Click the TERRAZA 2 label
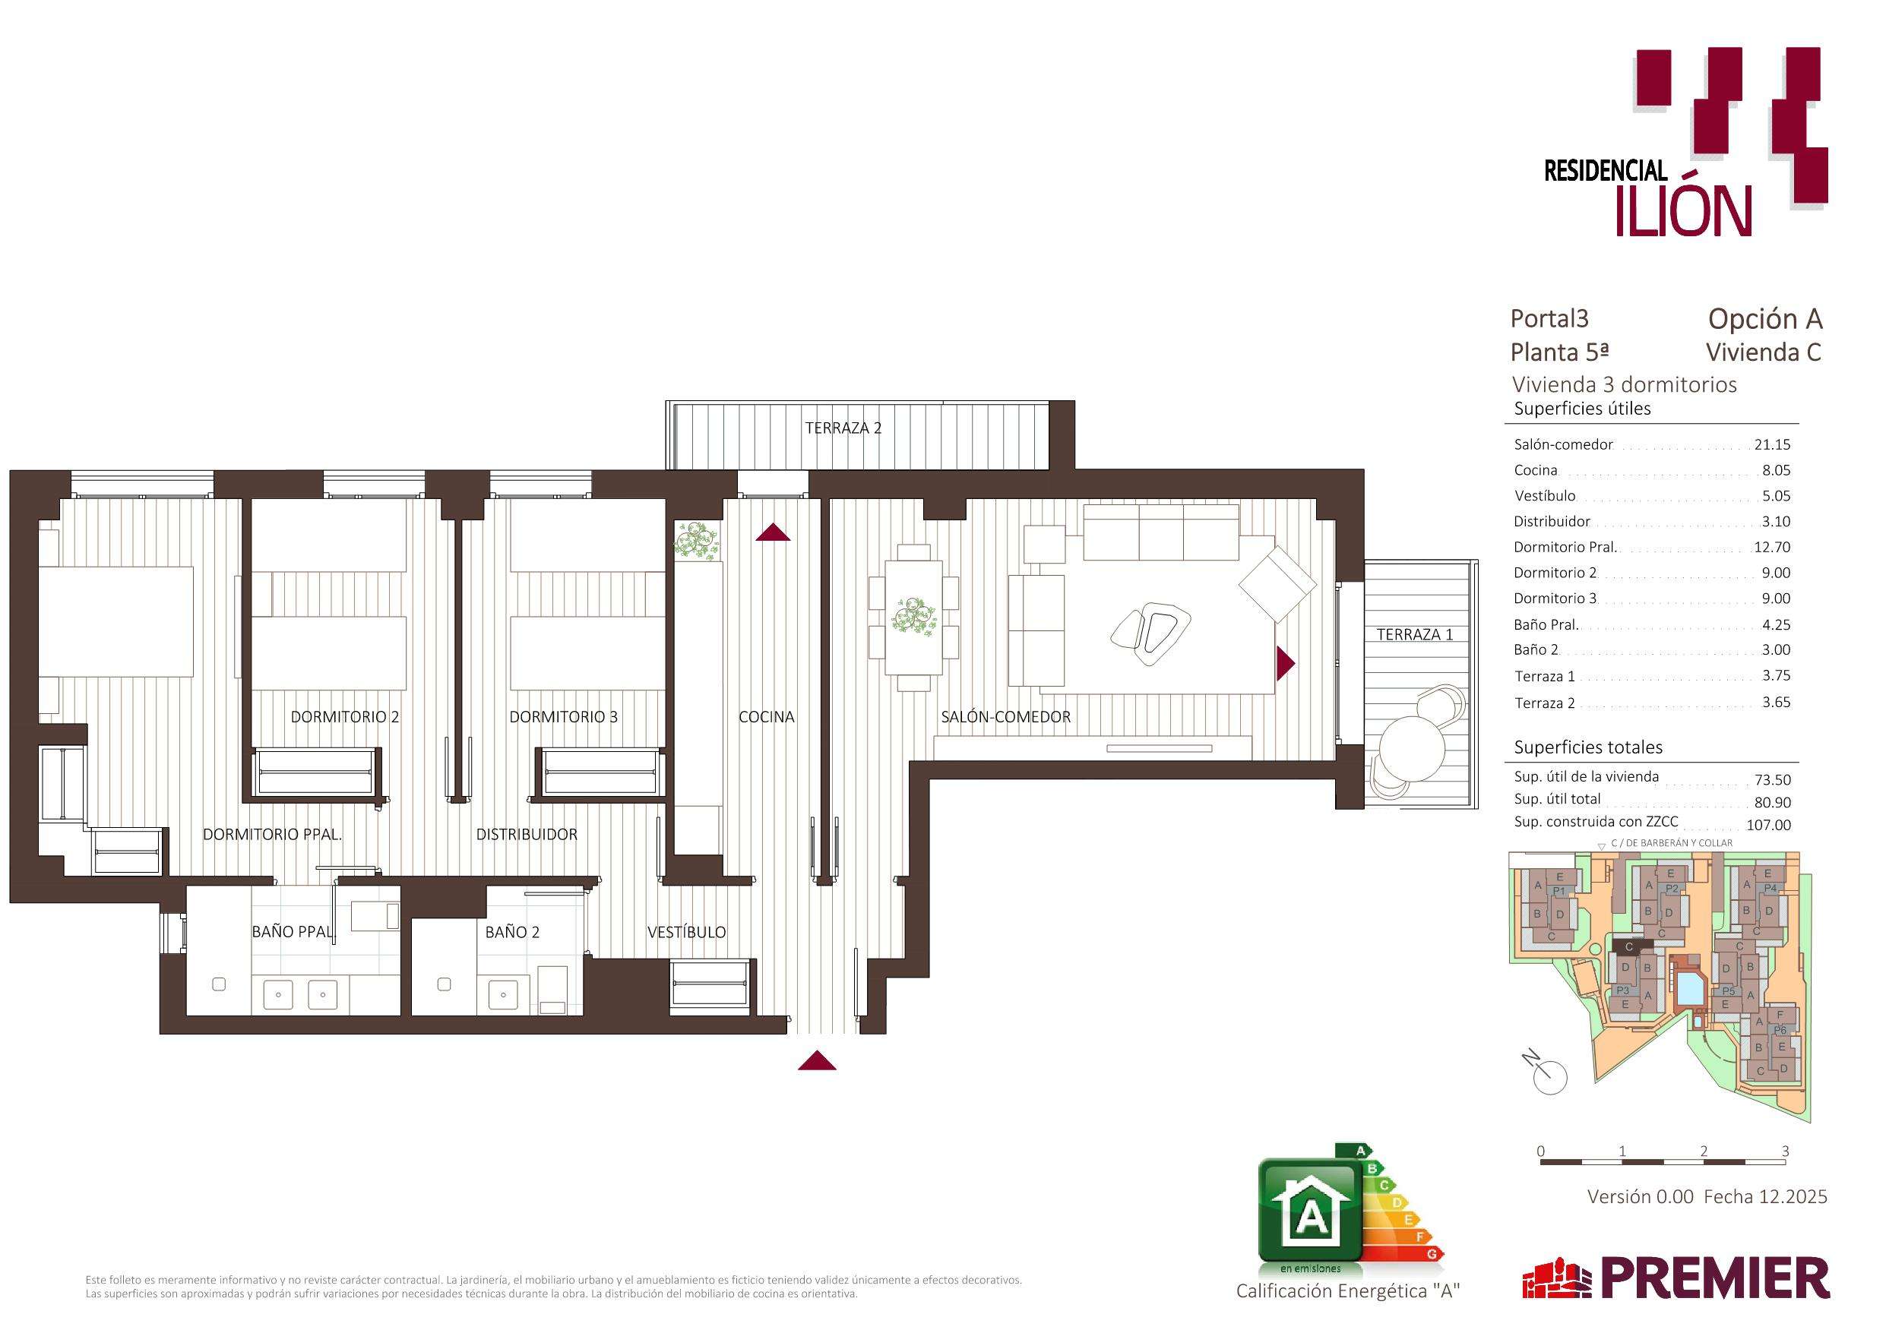click(x=843, y=428)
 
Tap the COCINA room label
click(x=767, y=717)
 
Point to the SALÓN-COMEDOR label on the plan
click(x=1005, y=717)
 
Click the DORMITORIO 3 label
click(x=564, y=717)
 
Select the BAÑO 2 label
click(x=513, y=932)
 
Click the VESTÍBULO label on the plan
click(x=687, y=932)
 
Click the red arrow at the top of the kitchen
click(x=773, y=532)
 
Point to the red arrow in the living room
click(x=1286, y=663)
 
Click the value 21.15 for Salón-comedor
click(x=1772, y=444)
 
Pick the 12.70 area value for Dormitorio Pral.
click(x=1772, y=547)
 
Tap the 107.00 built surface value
click(x=1767, y=825)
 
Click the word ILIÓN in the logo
click(x=1684, y=211)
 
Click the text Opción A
click(x=1765, y=319)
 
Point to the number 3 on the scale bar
click(x=1785, y=1151)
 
